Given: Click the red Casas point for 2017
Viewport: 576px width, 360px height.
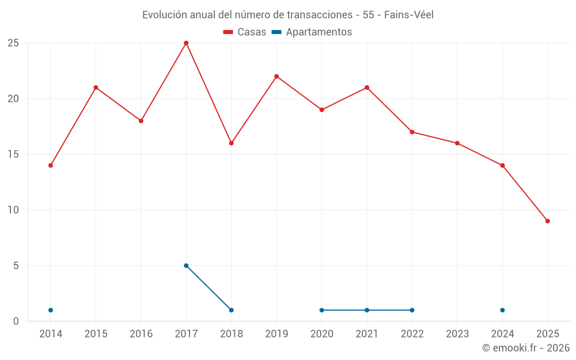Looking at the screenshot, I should [186, 43].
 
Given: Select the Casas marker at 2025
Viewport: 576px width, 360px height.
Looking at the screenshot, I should [547, 221].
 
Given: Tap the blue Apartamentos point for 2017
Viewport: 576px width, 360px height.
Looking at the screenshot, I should [186, 266].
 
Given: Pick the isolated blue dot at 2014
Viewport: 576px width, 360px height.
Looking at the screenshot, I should [51, 310].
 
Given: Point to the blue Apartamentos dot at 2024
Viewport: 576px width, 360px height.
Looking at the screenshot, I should [502, 310].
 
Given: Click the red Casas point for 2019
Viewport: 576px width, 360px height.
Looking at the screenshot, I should [276, 77].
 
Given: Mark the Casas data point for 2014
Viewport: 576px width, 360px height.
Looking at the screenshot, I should [51, 165].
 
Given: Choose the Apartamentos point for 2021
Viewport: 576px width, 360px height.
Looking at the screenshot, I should [367, 310].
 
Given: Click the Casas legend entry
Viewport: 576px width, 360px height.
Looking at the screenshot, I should [245, 32].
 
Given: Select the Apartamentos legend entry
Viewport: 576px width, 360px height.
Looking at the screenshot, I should [312, 32].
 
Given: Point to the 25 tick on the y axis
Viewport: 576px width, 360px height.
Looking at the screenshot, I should [13, 43].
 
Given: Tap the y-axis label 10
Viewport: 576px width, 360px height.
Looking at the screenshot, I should [13, 210].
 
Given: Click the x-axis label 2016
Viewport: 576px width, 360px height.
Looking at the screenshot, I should [141, 334].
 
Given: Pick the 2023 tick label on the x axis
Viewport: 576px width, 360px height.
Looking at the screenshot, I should [457, 334].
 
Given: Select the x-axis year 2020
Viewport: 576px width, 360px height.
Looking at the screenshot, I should [321, 334].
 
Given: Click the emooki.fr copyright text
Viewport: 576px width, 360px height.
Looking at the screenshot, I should [525, 348].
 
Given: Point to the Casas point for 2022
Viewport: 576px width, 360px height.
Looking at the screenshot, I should [412, 132].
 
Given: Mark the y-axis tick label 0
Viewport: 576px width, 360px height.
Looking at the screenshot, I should [16, 321].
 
